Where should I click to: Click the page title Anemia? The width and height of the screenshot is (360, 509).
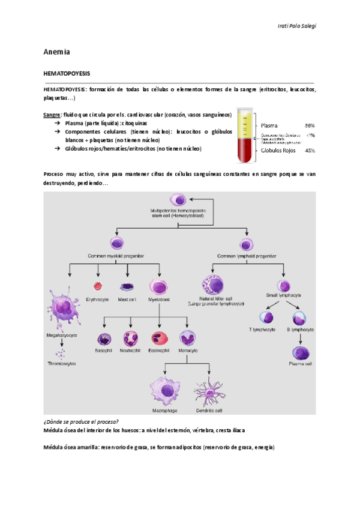[x=57, y=52]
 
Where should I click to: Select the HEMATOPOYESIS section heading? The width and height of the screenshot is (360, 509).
[x=66, y=73]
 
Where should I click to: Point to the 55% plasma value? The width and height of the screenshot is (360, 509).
[x=310, y=125]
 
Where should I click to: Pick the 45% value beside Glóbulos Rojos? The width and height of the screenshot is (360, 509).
[x=310, y=151]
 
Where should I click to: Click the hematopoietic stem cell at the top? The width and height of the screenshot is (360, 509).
[x=179, y=200]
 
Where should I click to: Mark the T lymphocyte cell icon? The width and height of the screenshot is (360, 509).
[x=267, y=316]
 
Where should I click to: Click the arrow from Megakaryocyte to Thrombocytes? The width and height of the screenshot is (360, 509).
[x=62, y=347]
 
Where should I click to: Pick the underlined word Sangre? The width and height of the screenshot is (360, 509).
[x=52, y=114]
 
